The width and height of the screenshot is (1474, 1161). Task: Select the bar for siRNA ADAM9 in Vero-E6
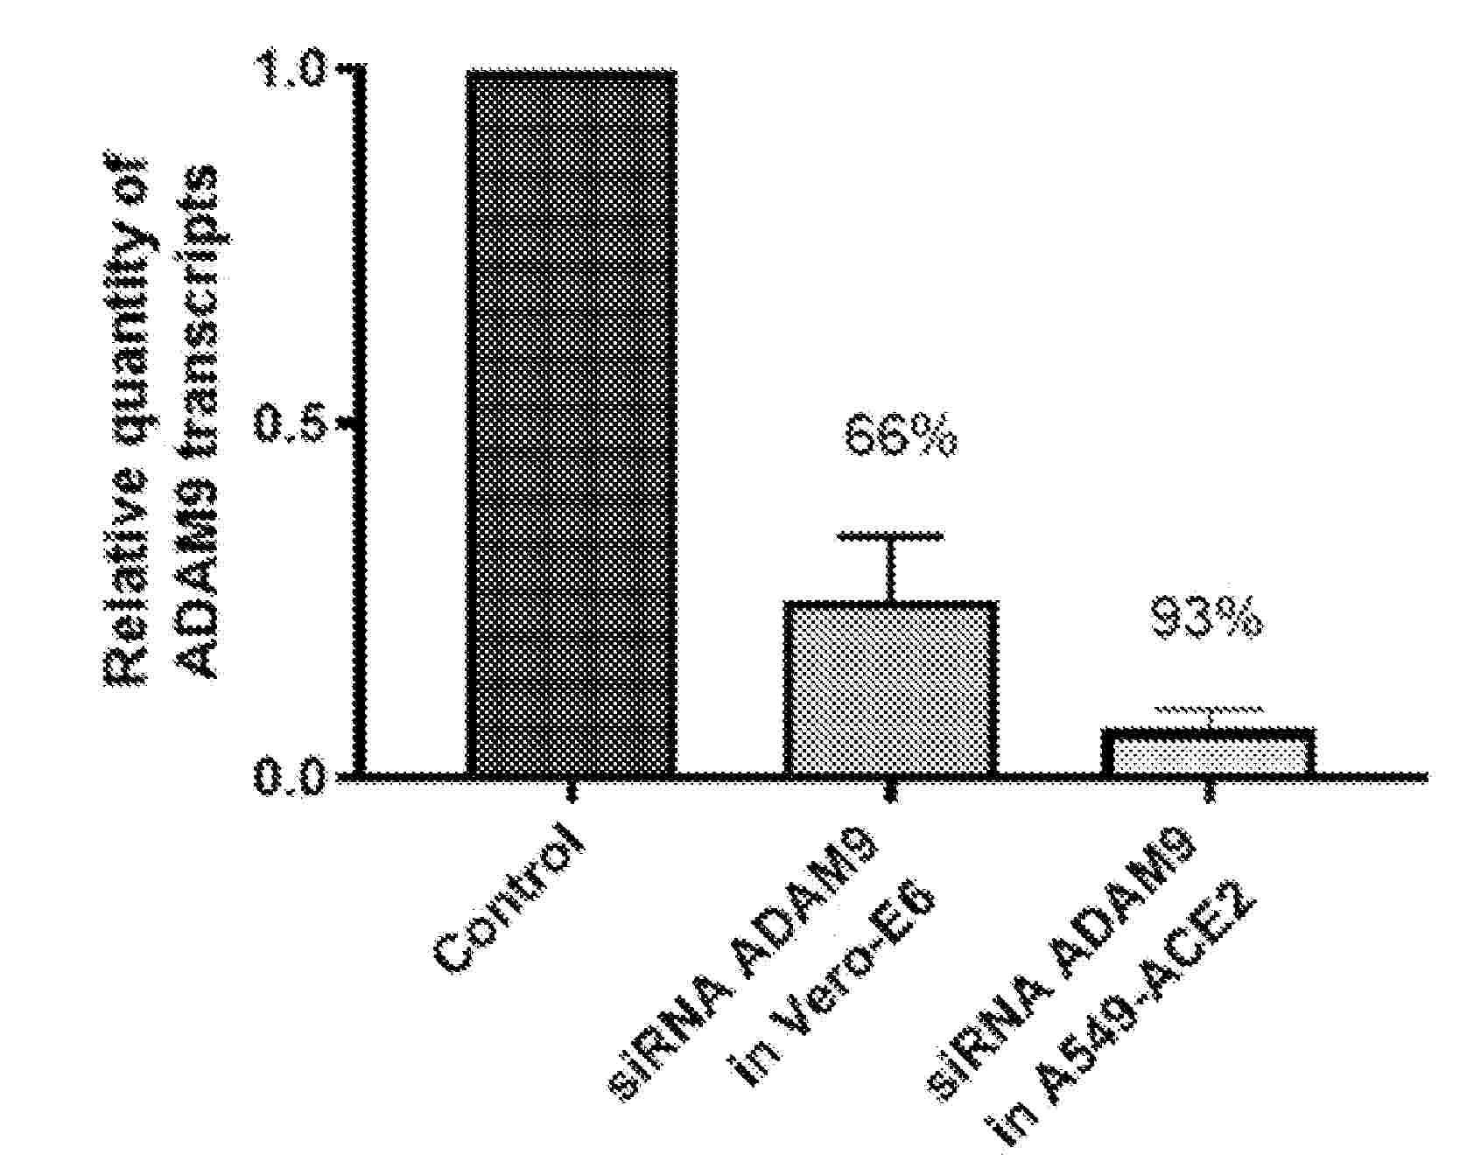tap(890, 688)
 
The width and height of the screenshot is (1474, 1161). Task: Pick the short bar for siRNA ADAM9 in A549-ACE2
tap(1209, 752)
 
